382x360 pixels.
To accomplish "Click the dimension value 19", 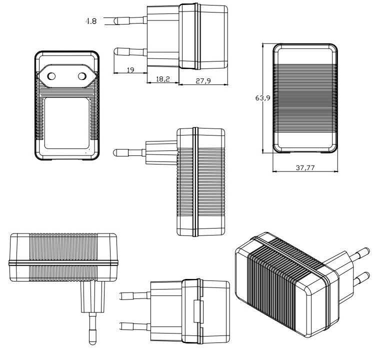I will point(129,70).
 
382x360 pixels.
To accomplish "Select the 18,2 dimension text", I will point(162,79).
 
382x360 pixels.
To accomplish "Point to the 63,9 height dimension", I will point(262,98).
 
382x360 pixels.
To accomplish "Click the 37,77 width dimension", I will point(305,168).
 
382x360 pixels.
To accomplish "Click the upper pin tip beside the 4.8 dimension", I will point(117,21).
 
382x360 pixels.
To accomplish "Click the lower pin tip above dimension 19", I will point(118,51).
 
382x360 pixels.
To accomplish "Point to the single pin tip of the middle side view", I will point(118,151).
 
